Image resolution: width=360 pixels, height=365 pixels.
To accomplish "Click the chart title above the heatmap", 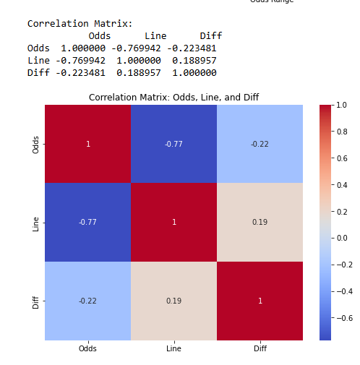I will (x=173, y=97).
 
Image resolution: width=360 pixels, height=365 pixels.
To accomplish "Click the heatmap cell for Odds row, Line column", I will (x=173, y=144).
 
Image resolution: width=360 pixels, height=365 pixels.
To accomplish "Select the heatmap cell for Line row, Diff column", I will (x=260, y=222).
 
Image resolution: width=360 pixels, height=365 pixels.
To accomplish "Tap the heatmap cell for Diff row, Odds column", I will (x=87, y=301).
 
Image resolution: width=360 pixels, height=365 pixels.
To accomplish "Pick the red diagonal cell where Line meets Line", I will (x=173, y=222).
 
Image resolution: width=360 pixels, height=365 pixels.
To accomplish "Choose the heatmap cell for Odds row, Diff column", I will (x=260, y=144).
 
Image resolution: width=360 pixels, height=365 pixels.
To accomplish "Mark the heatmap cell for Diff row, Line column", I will (x=173, y=301).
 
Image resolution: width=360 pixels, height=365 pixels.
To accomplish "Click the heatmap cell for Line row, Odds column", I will (x=87, y=222).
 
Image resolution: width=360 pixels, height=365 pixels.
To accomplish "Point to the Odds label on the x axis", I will (x=87, y=349).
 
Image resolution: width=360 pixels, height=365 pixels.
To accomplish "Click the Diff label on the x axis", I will (x=260, y=349).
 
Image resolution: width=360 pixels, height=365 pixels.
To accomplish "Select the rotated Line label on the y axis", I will (x=36, y=223).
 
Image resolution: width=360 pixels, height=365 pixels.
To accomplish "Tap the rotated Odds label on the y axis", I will (x=36, y=144).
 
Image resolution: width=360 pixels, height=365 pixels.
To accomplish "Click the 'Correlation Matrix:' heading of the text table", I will (x=80, y=23).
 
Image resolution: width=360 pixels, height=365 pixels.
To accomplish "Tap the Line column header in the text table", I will (x=155, y=35).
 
